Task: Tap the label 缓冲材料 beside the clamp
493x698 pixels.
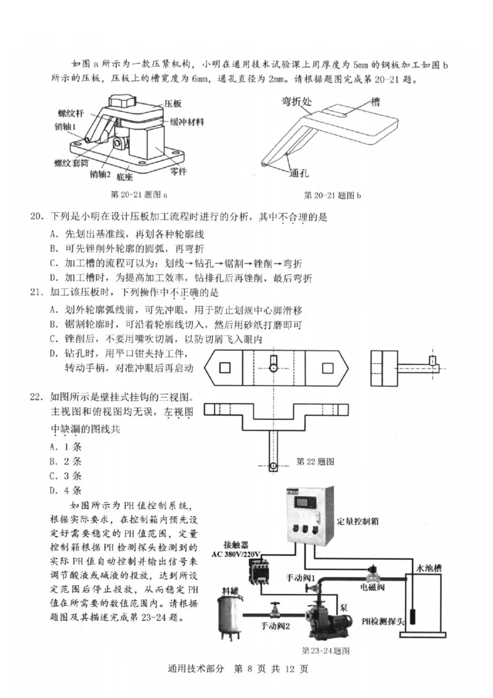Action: pyautogui.click(x=187, y=121)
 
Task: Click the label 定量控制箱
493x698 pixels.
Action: pyautogui.click(x=358, y=520)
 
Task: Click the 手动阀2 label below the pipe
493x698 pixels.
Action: pyautogui.click(x=275, y=626)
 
